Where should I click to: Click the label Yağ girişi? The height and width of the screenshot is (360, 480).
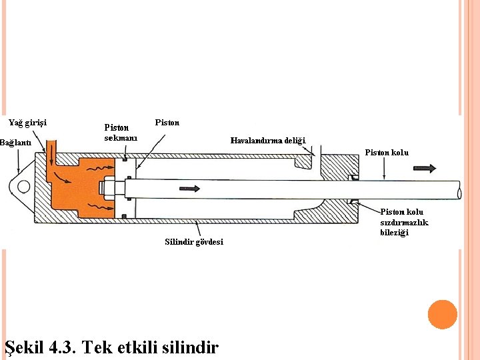click(x=27, y=123)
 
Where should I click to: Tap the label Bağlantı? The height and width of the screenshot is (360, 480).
click(x=15, y=143)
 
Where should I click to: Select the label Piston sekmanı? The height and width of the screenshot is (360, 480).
click(x=121, y=133)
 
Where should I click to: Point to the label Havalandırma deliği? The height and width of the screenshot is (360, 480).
click(x=267, y=141)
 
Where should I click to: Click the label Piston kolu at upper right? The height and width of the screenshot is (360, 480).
click(x=387, y=153)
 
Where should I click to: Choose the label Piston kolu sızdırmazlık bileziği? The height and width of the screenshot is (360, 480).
click(x=404, y=222)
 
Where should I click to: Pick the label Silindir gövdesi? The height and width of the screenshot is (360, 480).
click(x=194, y=241)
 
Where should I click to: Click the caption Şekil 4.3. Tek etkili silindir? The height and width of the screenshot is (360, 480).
click(x=111, y=347)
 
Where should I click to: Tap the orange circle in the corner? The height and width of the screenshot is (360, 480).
click(x=442, y=315)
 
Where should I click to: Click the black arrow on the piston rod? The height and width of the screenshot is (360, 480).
click(x=190, y=189)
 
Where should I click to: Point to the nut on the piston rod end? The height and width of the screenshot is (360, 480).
click(x=107, y=188)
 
